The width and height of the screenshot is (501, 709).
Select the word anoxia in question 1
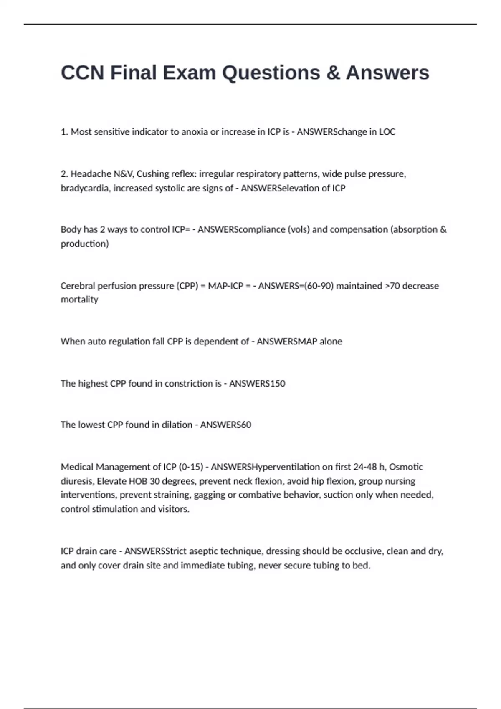194,132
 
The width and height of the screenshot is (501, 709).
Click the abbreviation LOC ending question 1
387,132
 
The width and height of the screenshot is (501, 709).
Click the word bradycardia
85,188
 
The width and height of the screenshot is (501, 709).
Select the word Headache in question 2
90,174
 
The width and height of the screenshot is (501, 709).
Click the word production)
85,244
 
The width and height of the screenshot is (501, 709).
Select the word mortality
79,299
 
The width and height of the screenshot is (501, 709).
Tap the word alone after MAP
331,342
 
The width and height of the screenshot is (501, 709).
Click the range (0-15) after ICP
191,467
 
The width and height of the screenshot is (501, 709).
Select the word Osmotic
406,467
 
